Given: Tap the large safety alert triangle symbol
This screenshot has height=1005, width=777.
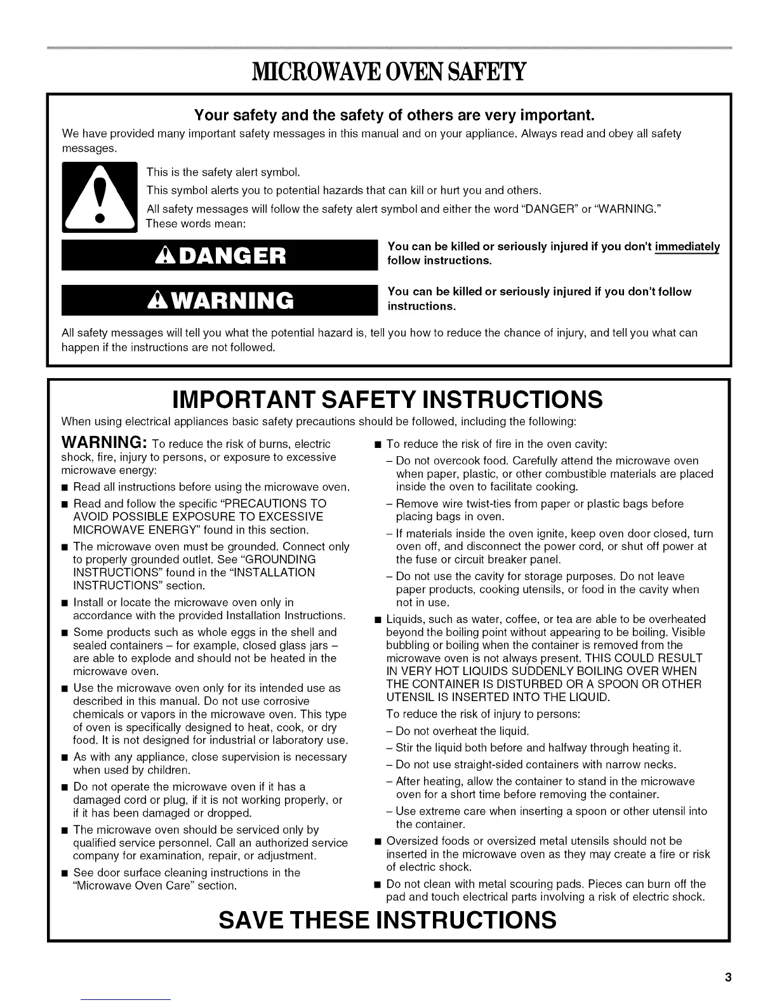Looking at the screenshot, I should [99, 197].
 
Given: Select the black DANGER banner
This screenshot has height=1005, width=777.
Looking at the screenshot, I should [218, 255].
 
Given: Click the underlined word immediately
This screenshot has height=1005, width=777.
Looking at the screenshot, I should [687, 246].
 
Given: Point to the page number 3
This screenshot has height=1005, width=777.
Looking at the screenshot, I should [728, 977].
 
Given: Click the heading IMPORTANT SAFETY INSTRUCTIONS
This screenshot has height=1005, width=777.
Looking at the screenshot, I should [387, 400].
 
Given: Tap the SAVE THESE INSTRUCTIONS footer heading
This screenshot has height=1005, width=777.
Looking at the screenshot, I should [387, 919].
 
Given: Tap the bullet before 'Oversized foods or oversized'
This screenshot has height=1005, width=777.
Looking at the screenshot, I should [378, 841].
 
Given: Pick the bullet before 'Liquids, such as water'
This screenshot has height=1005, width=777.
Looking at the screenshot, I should [378, 619].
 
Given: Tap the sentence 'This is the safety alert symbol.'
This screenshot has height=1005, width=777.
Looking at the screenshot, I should [223, 173].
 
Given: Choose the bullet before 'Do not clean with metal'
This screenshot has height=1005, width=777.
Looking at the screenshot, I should [378, 884].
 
